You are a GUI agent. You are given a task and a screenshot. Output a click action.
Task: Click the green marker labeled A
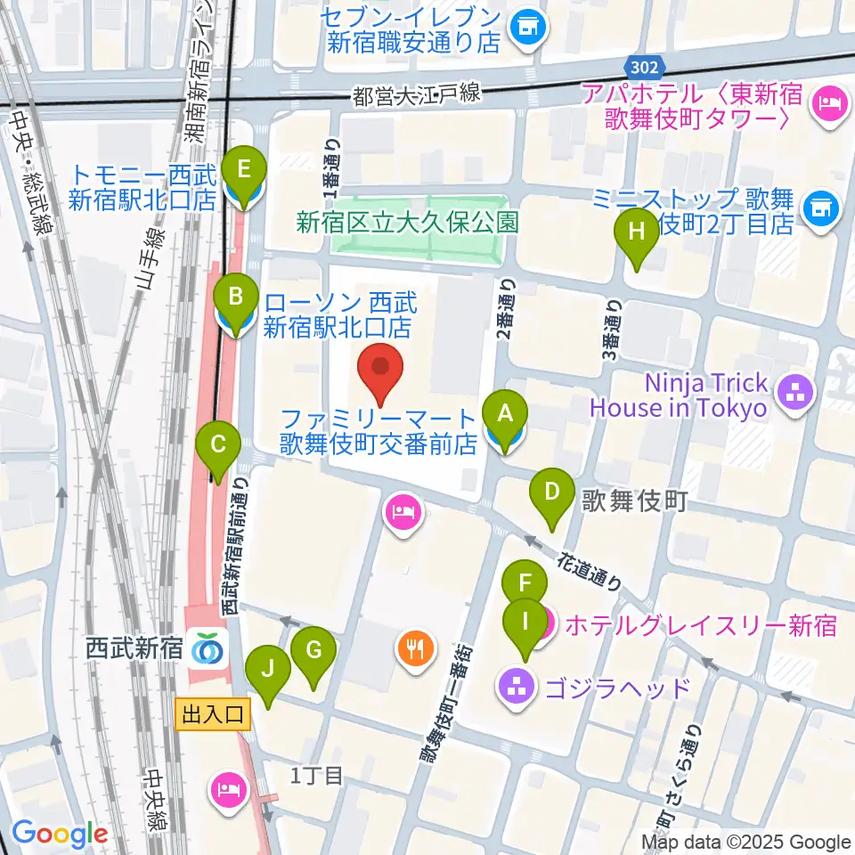pyautogui.click(x=505, y=414)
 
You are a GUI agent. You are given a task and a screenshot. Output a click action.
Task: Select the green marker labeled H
pyautogui.click(x=637, y=232)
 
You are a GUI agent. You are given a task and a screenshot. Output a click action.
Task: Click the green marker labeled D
pyautogui.click(x=552, y=492)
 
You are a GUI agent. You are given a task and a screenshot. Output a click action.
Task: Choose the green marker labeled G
pyautogui.click(x=313, y=651)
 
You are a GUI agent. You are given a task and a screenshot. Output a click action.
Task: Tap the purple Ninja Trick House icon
pyautogui.click(x=792, y=395)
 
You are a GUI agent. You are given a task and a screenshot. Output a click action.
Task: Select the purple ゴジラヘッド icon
pyautogui.click(x=517, y=687)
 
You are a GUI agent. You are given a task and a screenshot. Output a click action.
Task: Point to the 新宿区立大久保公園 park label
pyautogui.click(x=408, y=222)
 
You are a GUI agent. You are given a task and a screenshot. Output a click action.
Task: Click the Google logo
pyautogui.click(x=59, y=833)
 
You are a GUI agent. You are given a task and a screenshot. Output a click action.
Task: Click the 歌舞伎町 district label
pyautogui.click(x=635, y=501)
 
